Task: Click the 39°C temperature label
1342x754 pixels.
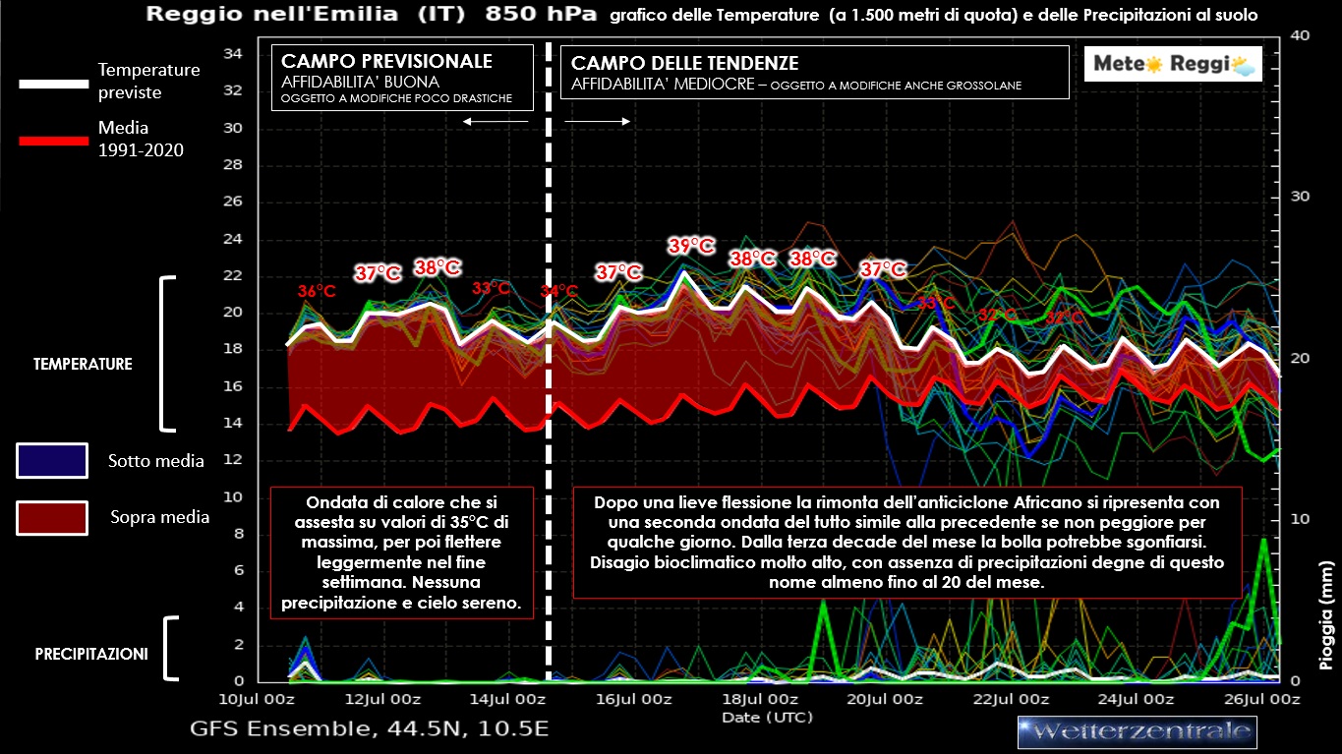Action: coord(691,246)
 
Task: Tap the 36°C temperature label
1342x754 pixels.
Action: coord(317,291)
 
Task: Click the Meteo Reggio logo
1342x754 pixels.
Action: coord(1173,65)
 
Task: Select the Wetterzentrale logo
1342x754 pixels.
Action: coord(1137,731)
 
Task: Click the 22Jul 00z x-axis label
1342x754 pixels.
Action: coord(1010,699)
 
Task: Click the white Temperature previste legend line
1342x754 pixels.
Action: coord(54,84)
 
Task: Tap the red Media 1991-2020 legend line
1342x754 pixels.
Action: coord(54,141)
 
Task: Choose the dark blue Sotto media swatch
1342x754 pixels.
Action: coord(51,460)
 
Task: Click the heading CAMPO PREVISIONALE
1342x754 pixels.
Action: coord(387,62)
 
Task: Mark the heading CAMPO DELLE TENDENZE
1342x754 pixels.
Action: coord(685,63)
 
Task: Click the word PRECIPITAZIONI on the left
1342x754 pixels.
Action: coord(91,653)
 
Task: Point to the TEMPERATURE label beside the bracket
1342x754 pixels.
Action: coord(83,364)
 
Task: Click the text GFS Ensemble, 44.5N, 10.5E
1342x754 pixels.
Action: coord(369,729)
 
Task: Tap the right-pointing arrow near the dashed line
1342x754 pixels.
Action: coord(598,121)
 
